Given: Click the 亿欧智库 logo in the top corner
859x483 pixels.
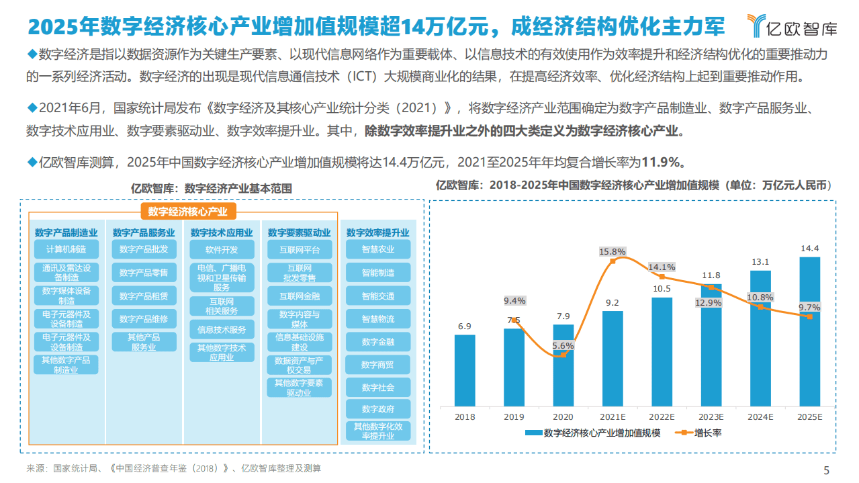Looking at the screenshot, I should click(793, 27).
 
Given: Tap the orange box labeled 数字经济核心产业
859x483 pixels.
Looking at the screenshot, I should click(188, 212).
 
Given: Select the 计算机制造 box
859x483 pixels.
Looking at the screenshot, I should click(66, 250).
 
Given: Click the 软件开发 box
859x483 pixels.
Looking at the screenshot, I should click(222, 250).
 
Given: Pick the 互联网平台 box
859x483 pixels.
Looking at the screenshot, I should click(299, 250).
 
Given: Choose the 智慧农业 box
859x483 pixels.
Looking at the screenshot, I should click(378, 250).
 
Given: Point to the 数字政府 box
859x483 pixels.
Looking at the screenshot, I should click(378, 408).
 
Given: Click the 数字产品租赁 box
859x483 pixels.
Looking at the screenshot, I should click(144, 296).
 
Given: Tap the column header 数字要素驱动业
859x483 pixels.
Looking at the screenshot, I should click(299, 232).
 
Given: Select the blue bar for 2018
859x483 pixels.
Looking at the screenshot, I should click(464, 370).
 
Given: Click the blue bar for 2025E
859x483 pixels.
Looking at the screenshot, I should click(809, 331).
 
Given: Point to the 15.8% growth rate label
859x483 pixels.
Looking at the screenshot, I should click(613, 252).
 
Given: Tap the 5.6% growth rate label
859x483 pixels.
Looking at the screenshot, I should click(563, 345).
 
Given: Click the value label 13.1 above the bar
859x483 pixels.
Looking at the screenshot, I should click(760, 262).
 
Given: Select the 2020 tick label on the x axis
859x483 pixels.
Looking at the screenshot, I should click(563, 417).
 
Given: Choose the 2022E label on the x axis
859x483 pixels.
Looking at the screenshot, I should click(662, 417).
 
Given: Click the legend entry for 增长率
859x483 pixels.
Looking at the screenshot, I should click(701, 433).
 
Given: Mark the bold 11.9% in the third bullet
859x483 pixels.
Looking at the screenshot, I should click(663, 162).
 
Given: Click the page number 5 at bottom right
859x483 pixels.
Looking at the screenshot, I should click(826, 470).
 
